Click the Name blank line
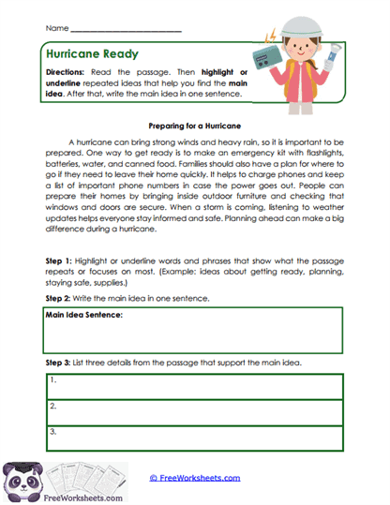tap(126, 30)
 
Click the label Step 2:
tap(60, 297)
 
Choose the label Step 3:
tap(60, 362)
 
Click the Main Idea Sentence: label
tap(84, 316)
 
